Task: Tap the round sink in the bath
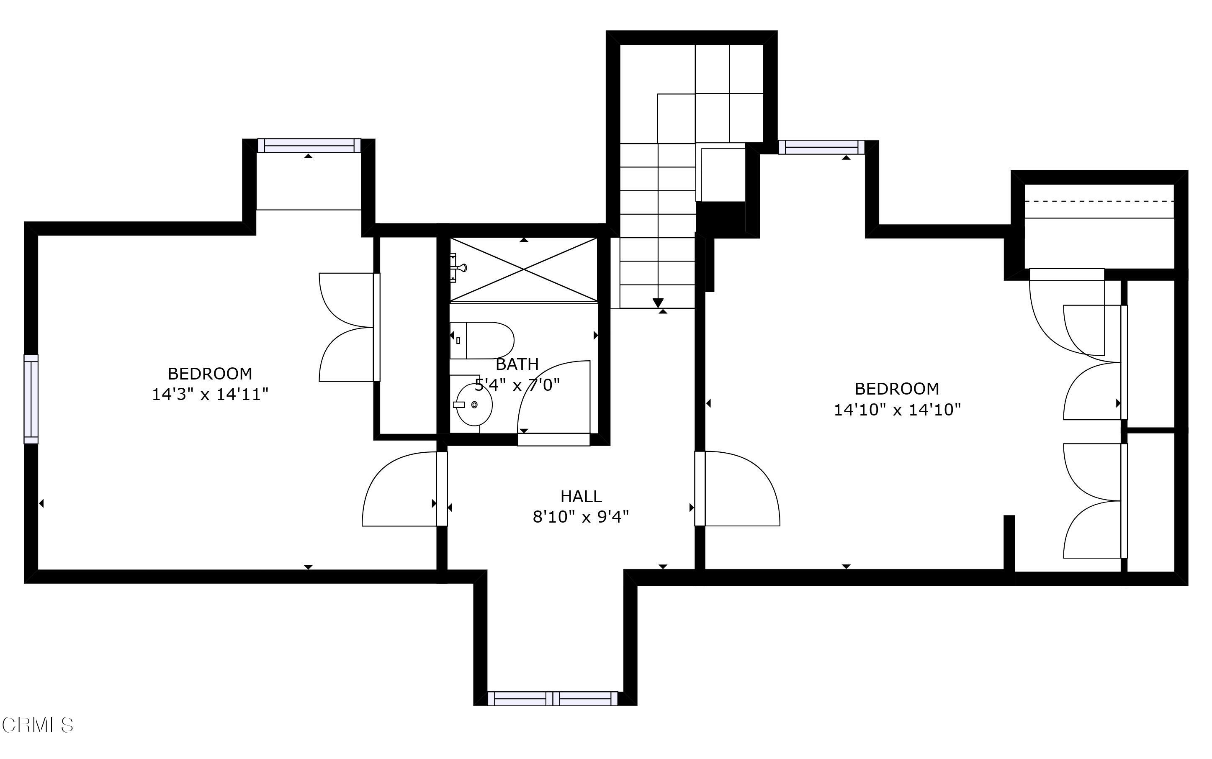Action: click(x=473, y=405)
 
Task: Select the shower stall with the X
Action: click(x=524, y=269)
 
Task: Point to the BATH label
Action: click(x=517, y=364)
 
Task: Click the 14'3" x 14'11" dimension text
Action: click(x=210, y=395)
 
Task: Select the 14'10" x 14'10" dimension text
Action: click(x=897, y=410)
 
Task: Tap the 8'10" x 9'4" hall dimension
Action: click(x=581, y=517)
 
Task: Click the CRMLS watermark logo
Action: click(x=38, y=725)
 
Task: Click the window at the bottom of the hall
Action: click(x=553, y=698)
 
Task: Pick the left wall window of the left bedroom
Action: click(x=31, y=399)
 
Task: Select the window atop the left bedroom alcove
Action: click(x=309, y=146)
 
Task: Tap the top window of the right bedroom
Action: click(x=821, y=147)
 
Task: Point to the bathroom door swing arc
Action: click(x=548, y=392)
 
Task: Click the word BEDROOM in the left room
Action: click(x=210, y=374)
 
